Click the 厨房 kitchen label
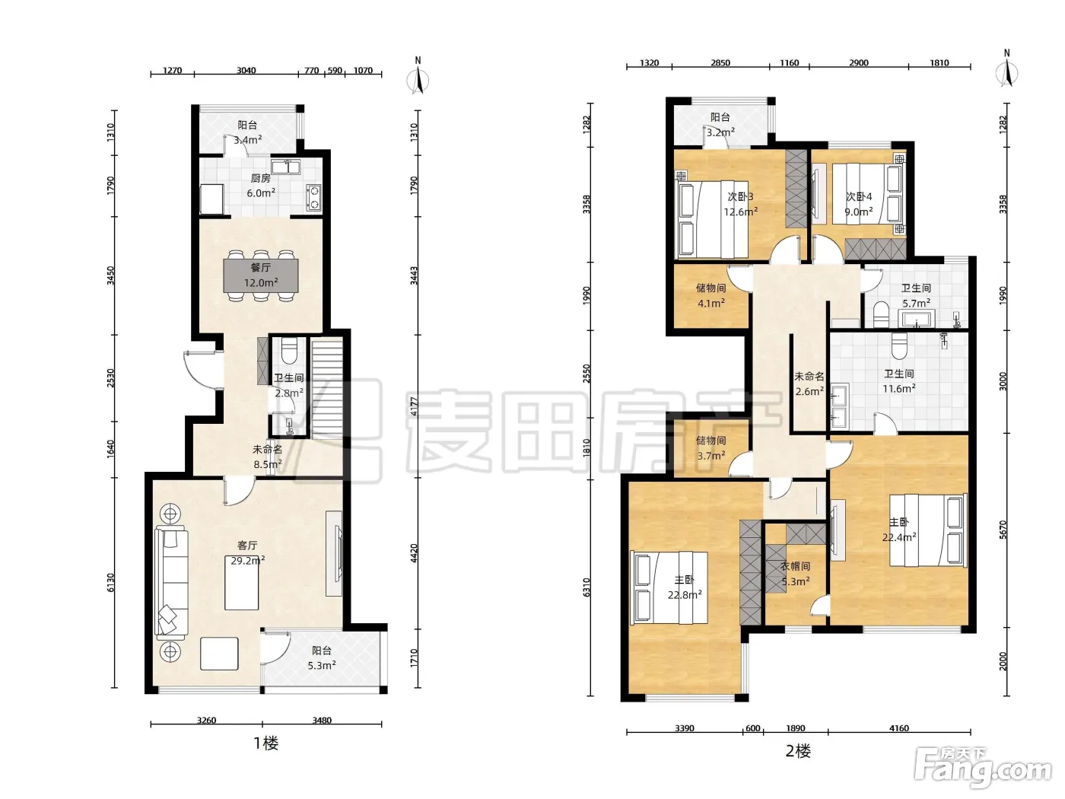[x=261, y=179]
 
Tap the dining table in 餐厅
[x=261, y=275]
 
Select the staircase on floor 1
[x=326, y=389]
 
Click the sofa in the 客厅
[x=171, y=581]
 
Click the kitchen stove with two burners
[x=313, y=197]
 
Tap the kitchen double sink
[x=286, y=167]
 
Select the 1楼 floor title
[x=266, y=743]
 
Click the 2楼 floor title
[x=798, y=751]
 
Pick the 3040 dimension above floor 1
[x=246, y=70]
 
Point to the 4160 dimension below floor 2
[x=898, y=728]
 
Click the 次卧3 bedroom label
[x=740, y=196]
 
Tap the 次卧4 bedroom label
[x=859, y=196]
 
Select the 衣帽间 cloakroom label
[x=795, y=566]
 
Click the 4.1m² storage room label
[x=711, y=303]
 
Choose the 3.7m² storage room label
[x=711, y=456]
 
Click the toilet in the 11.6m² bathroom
[x=899, y=345]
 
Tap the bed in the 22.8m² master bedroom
[x=669, y=587]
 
